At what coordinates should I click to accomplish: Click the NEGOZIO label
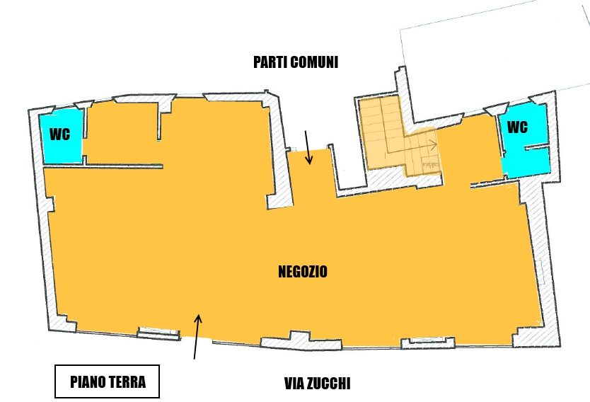tap(303, 271)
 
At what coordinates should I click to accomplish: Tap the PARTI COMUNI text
tap(296, 62)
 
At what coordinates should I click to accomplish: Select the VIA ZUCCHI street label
tap(317, 384)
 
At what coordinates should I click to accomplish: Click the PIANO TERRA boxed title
tap(108, 381)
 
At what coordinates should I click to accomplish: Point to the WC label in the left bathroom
tap(60, 134)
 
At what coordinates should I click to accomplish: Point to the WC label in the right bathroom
tap(517, 127)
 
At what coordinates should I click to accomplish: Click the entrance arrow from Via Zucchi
tap(197, 336)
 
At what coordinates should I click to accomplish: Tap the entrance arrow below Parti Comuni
tap(308, 147)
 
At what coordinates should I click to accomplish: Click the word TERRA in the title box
tap(127, 381)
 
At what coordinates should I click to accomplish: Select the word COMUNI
tap(314, 62)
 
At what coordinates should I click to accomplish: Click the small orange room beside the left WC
tap(122, 132)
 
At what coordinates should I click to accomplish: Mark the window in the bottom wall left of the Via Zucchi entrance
tap(158, 333)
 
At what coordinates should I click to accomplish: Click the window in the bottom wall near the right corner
tap(428, 342)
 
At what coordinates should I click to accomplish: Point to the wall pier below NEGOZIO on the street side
tap(301, 340)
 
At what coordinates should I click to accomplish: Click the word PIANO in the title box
tap(88, 381)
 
